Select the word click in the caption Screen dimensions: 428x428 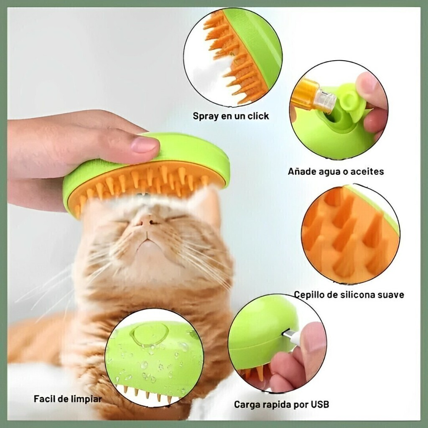[x=258, y=116]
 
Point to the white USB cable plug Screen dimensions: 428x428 [x=291, y=336]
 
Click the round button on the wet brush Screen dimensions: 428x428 [x=150, y=334]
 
